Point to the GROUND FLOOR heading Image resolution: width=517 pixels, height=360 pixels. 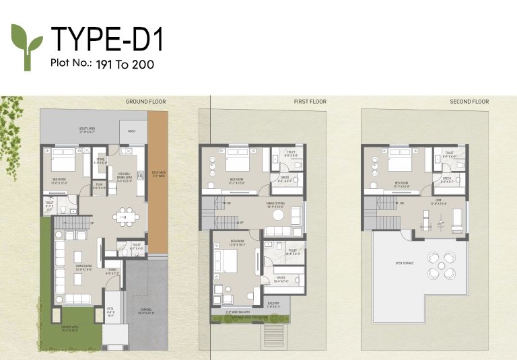tap(145, 102)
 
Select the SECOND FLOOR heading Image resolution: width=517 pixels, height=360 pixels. tap(469, 102)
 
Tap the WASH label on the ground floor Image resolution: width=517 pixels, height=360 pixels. tap(132, 131)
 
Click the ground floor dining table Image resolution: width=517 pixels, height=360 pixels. tap(125, 216)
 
